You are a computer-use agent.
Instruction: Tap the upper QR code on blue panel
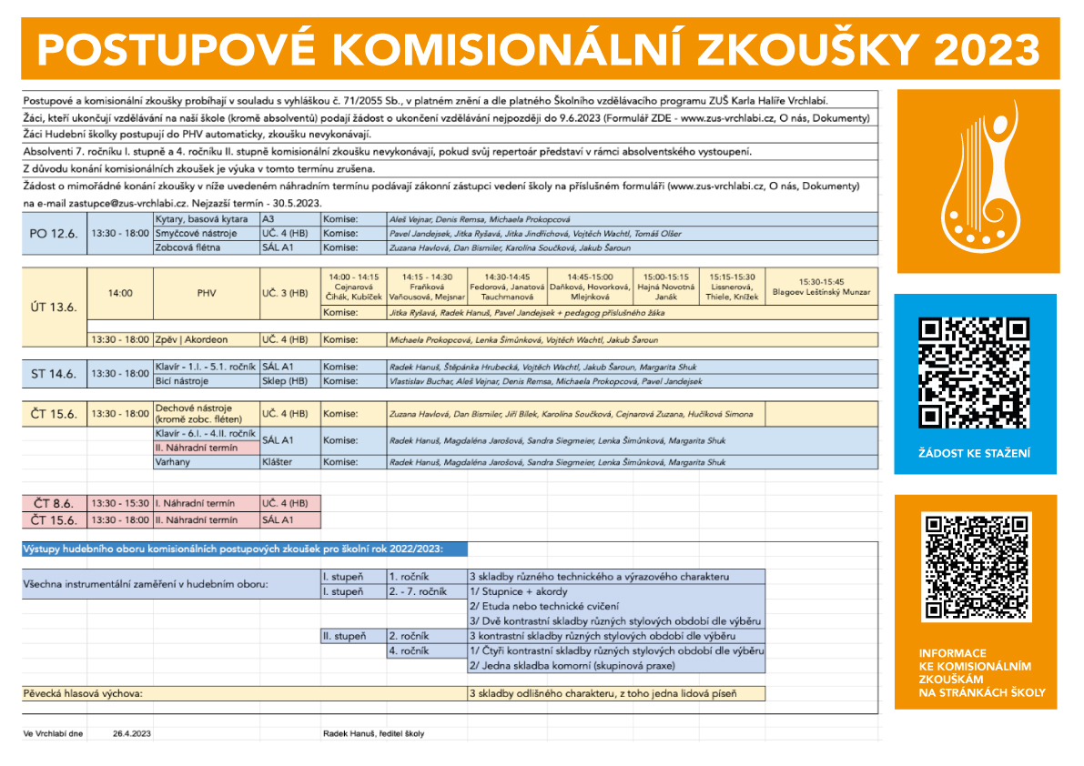coord(974,372)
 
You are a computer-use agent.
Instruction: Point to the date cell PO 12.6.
coord(54,234)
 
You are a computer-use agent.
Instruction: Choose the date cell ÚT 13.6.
coord(54,307)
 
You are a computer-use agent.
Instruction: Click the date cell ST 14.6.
coord(54,374)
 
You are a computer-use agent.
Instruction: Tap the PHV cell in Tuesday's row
coord(207,293)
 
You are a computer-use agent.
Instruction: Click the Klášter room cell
coord(278,462)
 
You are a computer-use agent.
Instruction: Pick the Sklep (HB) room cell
coord(285,381)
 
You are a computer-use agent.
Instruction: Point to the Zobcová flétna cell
coord(189,247)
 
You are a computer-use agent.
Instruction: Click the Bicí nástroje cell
coord(183,381)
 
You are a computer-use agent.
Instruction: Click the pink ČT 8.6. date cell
coord(54,503)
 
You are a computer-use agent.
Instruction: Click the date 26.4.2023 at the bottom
coord(133,733)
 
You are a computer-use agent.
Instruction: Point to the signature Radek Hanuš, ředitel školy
coord(373,733)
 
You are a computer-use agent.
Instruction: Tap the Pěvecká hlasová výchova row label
coord(83,694)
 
